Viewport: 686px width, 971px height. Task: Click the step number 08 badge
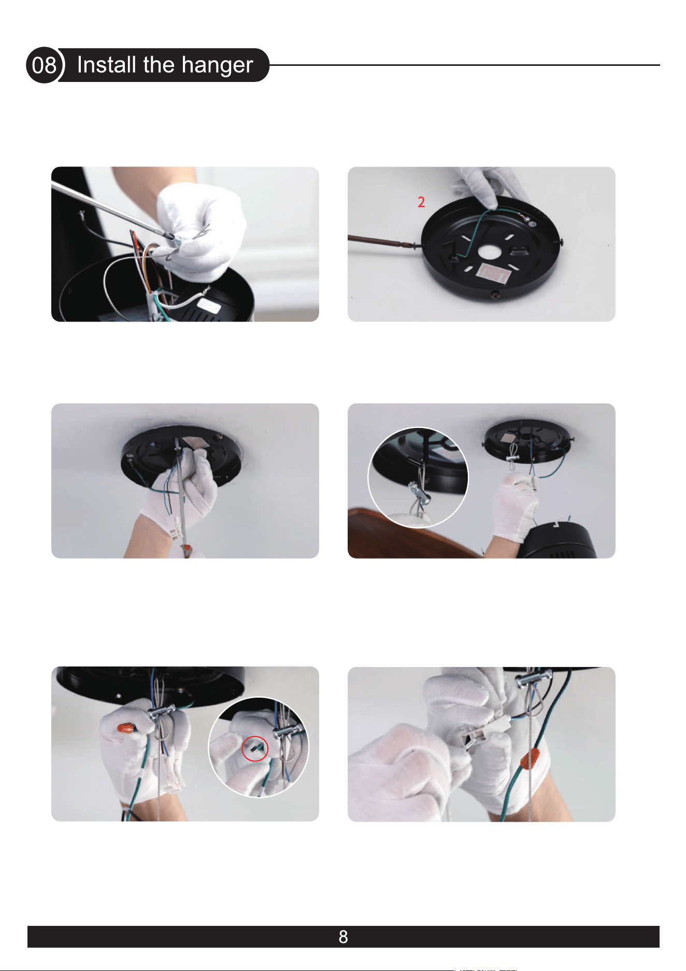pos(45,65)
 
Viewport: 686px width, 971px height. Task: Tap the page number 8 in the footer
pos(343,937)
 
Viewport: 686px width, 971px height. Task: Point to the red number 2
pos(421,202)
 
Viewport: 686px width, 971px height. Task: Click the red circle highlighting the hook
pos(255,748)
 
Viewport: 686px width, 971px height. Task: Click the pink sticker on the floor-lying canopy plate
pos(493,273)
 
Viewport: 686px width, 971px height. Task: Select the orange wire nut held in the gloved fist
pos(126,728)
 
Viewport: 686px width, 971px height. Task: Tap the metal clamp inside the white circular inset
pos(420,490)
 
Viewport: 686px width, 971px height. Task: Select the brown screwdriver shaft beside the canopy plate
pos(381,242)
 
